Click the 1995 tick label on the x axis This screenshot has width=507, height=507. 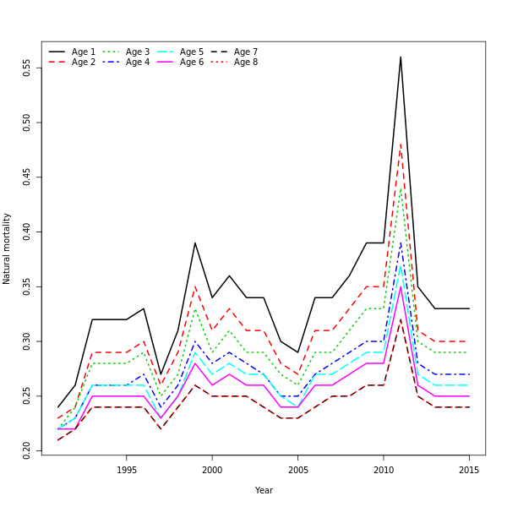pos(127,470)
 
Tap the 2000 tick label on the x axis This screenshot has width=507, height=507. pos(212,470)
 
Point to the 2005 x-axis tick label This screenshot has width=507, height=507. pos(297,470)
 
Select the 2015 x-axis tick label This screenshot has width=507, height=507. pos(469,470)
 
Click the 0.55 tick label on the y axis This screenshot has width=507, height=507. pos(27,68)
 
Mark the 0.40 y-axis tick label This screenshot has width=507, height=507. pos(27,232)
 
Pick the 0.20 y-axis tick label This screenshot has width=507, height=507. pos(27,450)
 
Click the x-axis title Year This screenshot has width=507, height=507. pos(264,490)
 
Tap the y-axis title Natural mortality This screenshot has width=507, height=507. pos(8,248)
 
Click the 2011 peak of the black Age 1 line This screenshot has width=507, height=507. pos(401,57)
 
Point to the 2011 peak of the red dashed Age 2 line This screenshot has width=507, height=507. pos(401,144)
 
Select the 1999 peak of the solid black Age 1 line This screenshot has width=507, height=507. pos(195,243)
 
